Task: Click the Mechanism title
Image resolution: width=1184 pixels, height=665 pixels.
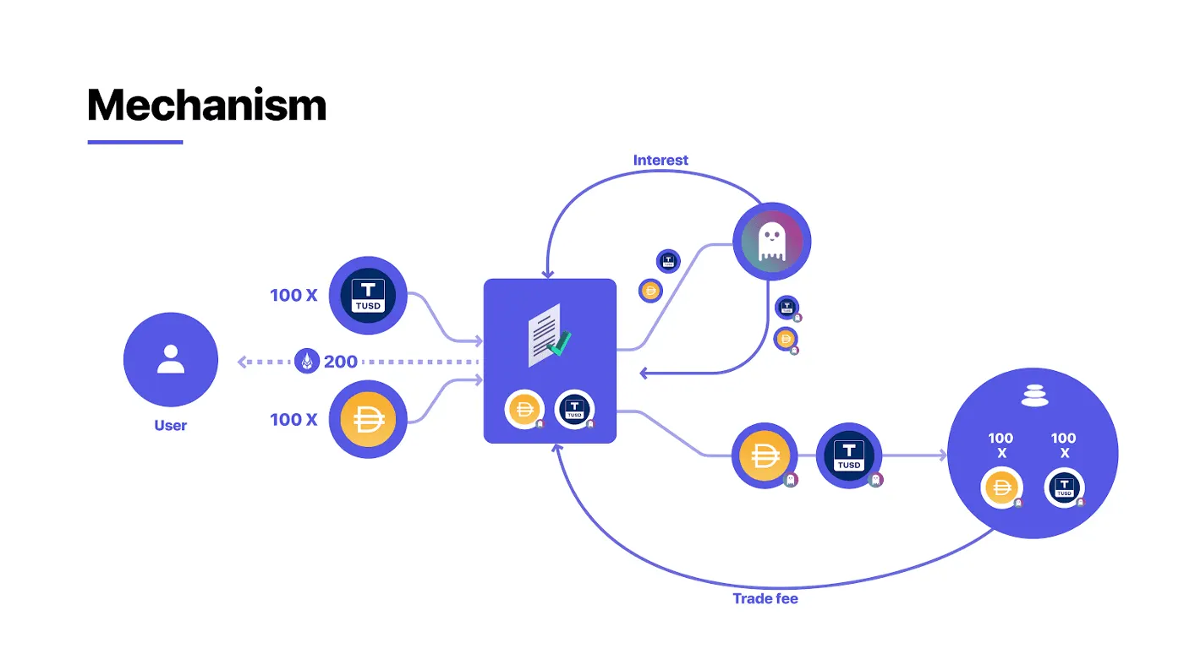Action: [206, 106]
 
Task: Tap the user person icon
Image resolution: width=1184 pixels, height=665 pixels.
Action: [171, 359]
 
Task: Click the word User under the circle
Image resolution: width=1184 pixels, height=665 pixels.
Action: [170, 425]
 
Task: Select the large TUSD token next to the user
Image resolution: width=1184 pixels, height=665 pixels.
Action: [367, 297]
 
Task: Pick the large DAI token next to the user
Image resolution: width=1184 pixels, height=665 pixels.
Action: [367, 420]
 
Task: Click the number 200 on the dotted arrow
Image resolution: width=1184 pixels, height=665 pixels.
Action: [340, 362]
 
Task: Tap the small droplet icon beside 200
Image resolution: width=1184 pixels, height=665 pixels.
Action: [306, 362]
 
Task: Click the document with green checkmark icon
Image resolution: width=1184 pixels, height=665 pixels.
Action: [548, 335]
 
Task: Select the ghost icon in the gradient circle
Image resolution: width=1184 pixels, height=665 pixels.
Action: [771, 242]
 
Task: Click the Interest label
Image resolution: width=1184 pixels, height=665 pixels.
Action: [661, 160]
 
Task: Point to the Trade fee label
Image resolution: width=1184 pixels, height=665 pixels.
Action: [765, 598]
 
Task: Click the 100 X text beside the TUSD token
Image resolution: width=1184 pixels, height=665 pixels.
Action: [293, 296]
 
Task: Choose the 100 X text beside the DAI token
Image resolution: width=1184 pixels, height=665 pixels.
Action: [293, 419]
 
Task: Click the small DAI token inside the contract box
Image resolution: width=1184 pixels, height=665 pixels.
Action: [524, 410]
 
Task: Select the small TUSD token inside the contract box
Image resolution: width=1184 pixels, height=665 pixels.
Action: [574, 410]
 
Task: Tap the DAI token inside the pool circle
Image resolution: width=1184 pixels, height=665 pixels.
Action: [1002, 488]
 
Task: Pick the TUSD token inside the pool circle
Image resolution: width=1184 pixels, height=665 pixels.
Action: [1064, 488]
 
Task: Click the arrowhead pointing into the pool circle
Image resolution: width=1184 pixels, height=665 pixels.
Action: [942, 455]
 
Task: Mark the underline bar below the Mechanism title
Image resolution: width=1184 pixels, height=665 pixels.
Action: [135, 142]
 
